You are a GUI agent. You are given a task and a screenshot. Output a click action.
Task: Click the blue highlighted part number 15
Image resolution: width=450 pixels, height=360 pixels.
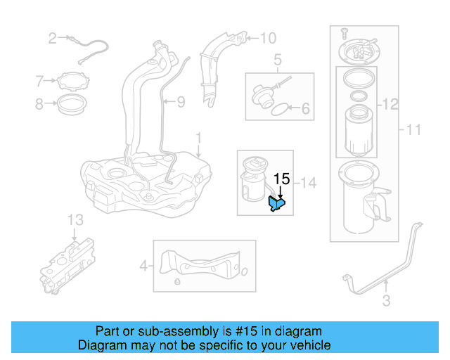click(277, 204)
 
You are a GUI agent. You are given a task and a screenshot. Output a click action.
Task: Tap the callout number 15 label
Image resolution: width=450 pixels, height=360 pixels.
click(281, 179)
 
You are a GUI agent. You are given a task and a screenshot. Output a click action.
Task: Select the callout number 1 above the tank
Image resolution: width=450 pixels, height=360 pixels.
click(198, 136)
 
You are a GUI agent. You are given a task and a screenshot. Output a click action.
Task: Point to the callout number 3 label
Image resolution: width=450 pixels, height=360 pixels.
click(385, 302)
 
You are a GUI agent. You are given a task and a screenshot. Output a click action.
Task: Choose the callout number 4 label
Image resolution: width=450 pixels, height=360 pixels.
click(143, 266)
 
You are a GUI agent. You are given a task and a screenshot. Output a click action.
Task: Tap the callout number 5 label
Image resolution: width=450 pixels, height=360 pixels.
click(278, 59)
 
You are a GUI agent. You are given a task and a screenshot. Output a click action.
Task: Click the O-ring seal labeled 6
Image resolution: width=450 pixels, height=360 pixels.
click(279, 109)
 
